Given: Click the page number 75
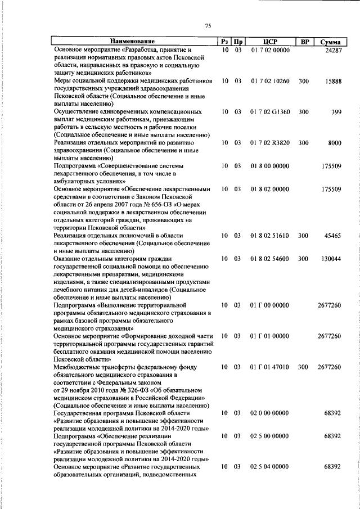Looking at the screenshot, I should point(208,26).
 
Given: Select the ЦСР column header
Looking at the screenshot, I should point(270,42).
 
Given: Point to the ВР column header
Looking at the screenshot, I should point(304,42).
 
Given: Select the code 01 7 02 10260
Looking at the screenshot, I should point(270,82).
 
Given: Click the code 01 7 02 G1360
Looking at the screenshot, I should point(270,112).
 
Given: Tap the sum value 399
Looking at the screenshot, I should point(336,112).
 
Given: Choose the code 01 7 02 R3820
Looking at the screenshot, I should point(270,143).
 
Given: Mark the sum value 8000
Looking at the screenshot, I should point(335,143).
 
